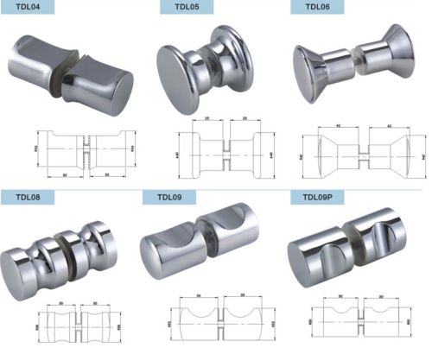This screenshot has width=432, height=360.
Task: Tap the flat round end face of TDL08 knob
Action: tap(18, 264)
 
